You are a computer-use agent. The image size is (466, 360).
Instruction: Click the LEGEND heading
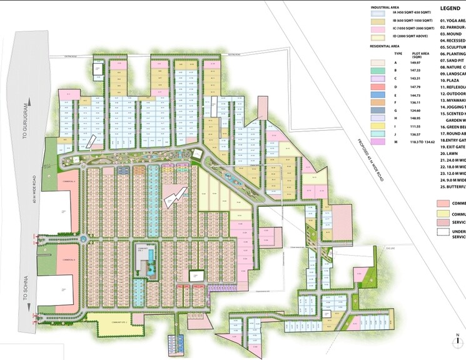tap(450, 9)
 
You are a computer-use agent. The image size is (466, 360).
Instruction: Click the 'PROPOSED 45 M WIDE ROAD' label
tap(370, 150)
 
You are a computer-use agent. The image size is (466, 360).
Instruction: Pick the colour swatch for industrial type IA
tap(379, 12)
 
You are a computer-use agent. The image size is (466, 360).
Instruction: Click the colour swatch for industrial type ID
tap(379, 37)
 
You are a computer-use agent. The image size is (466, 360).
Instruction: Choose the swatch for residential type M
tap(379, 142)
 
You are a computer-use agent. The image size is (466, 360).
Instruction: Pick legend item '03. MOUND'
tap(450, 34)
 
